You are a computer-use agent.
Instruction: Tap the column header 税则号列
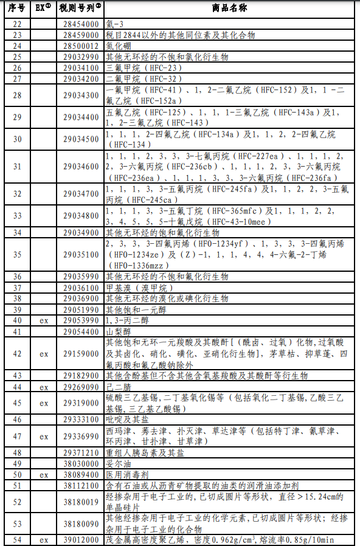[x=80, y=8]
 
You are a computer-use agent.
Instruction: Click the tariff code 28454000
[x=79, y=24]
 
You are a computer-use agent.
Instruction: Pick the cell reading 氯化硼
[x=119, y=46]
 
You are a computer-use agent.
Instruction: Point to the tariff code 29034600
[x=79, y=167]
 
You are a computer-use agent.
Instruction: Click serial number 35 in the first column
[x=17, y=255]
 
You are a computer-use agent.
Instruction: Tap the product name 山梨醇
[x=119, y=331]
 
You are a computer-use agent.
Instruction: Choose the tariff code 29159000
[x=79, y=353]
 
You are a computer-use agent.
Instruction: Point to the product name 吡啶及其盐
[x=128, y=420]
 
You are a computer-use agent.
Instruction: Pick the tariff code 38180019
[x=79, y=502]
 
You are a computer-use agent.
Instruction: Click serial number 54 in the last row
[x=17, y=540]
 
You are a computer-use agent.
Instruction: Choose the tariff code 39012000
[x=79, y=540]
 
